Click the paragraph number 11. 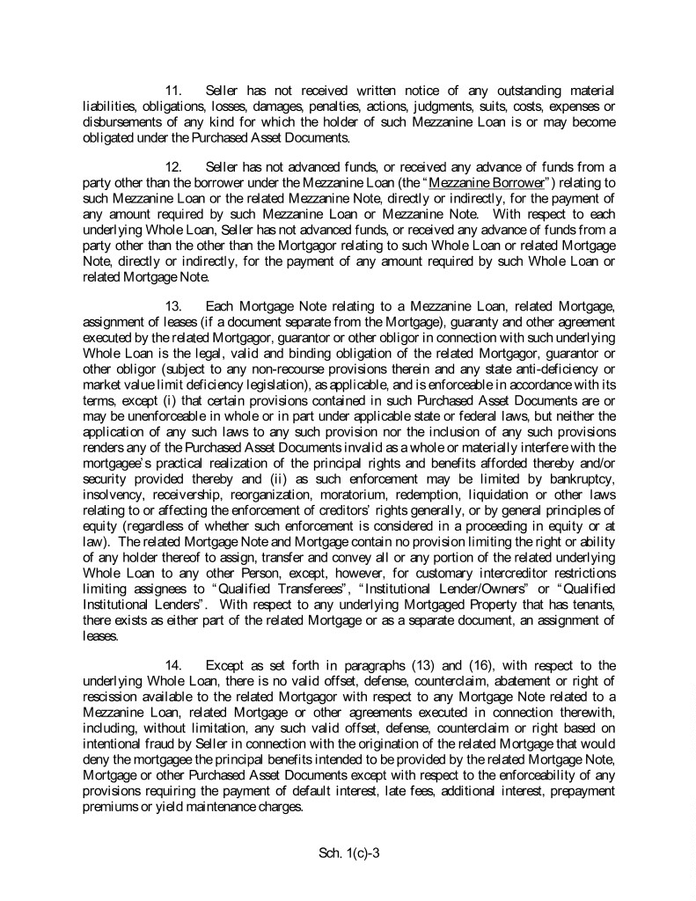[x=173, y=91]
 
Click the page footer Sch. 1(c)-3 [x=348, y=853]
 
